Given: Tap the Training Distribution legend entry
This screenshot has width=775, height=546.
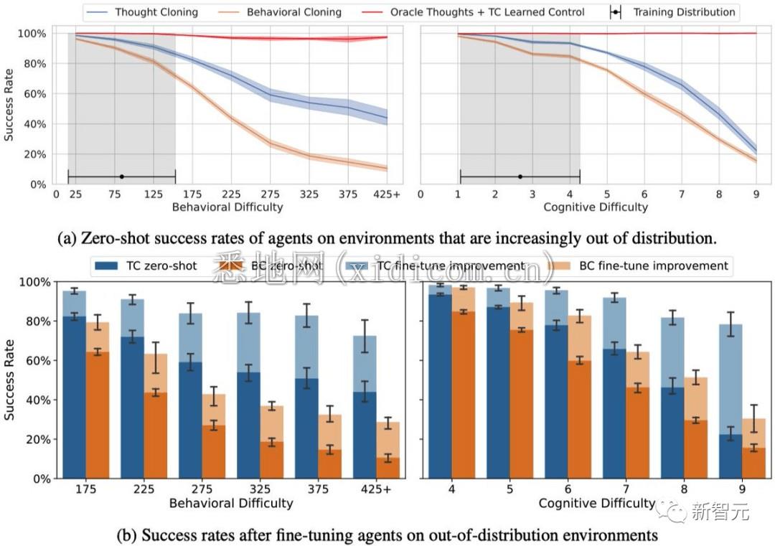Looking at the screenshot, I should [x=682, y=12].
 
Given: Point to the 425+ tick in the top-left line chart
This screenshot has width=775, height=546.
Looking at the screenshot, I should [x=387, y=194].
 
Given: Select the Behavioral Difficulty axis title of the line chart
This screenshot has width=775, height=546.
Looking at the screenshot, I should [x=227, y=207].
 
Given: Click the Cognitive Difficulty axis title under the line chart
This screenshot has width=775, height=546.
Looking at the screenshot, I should [x=596, y=207].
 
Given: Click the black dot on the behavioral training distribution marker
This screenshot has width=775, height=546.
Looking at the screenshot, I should [x=121, y=176].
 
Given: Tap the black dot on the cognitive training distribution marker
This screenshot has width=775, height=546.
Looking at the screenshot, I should [x=520, y=176].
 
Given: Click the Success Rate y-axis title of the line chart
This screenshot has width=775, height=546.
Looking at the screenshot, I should [x=9, y=108].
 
